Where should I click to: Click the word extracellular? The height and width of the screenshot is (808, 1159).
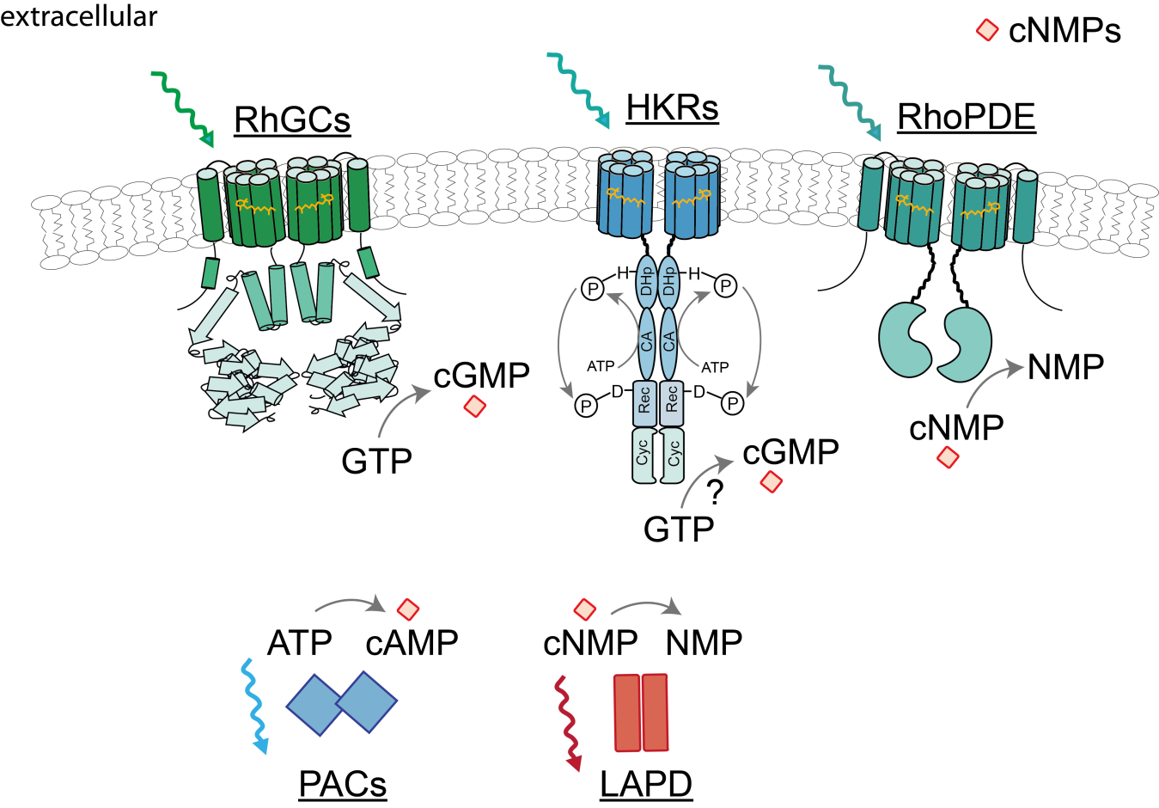[79, 15]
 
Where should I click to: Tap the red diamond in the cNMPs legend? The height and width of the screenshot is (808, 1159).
[988, 31]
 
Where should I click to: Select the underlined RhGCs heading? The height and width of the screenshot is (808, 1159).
[292, 119]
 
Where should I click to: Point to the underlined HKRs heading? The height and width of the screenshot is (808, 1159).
[672, 107]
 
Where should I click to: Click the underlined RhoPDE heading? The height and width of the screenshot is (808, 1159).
[967, 117]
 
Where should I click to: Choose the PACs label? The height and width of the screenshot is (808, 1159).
[343, 783]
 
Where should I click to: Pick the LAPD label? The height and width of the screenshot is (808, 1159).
[646, 783]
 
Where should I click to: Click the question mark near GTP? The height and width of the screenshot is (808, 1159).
[714, 493]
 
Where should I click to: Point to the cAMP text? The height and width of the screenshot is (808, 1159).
[412, 643]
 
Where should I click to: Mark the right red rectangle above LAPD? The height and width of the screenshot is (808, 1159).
[656, 713]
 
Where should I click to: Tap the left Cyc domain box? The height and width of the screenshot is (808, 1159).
[643, 453]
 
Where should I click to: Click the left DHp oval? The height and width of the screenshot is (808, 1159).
[646, 281]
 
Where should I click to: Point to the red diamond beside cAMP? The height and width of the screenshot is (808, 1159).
[408, 609]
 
